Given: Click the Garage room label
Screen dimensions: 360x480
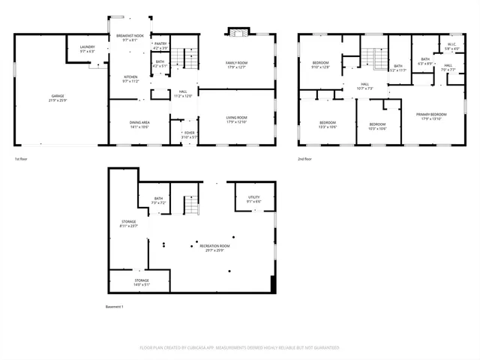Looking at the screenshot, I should (58, 97).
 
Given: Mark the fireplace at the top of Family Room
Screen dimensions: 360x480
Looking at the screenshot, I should (238, 33).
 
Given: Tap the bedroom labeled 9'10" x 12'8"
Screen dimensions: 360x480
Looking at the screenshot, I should (321, 65).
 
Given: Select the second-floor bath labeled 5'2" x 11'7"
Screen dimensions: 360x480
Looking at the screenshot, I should (398, 68).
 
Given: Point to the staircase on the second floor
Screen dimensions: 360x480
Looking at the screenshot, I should (373, 57).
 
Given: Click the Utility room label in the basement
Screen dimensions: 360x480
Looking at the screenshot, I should (253, 199).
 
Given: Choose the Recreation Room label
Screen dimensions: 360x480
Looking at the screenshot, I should (214, 248).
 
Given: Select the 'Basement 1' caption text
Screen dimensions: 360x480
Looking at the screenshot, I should (114, 307).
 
